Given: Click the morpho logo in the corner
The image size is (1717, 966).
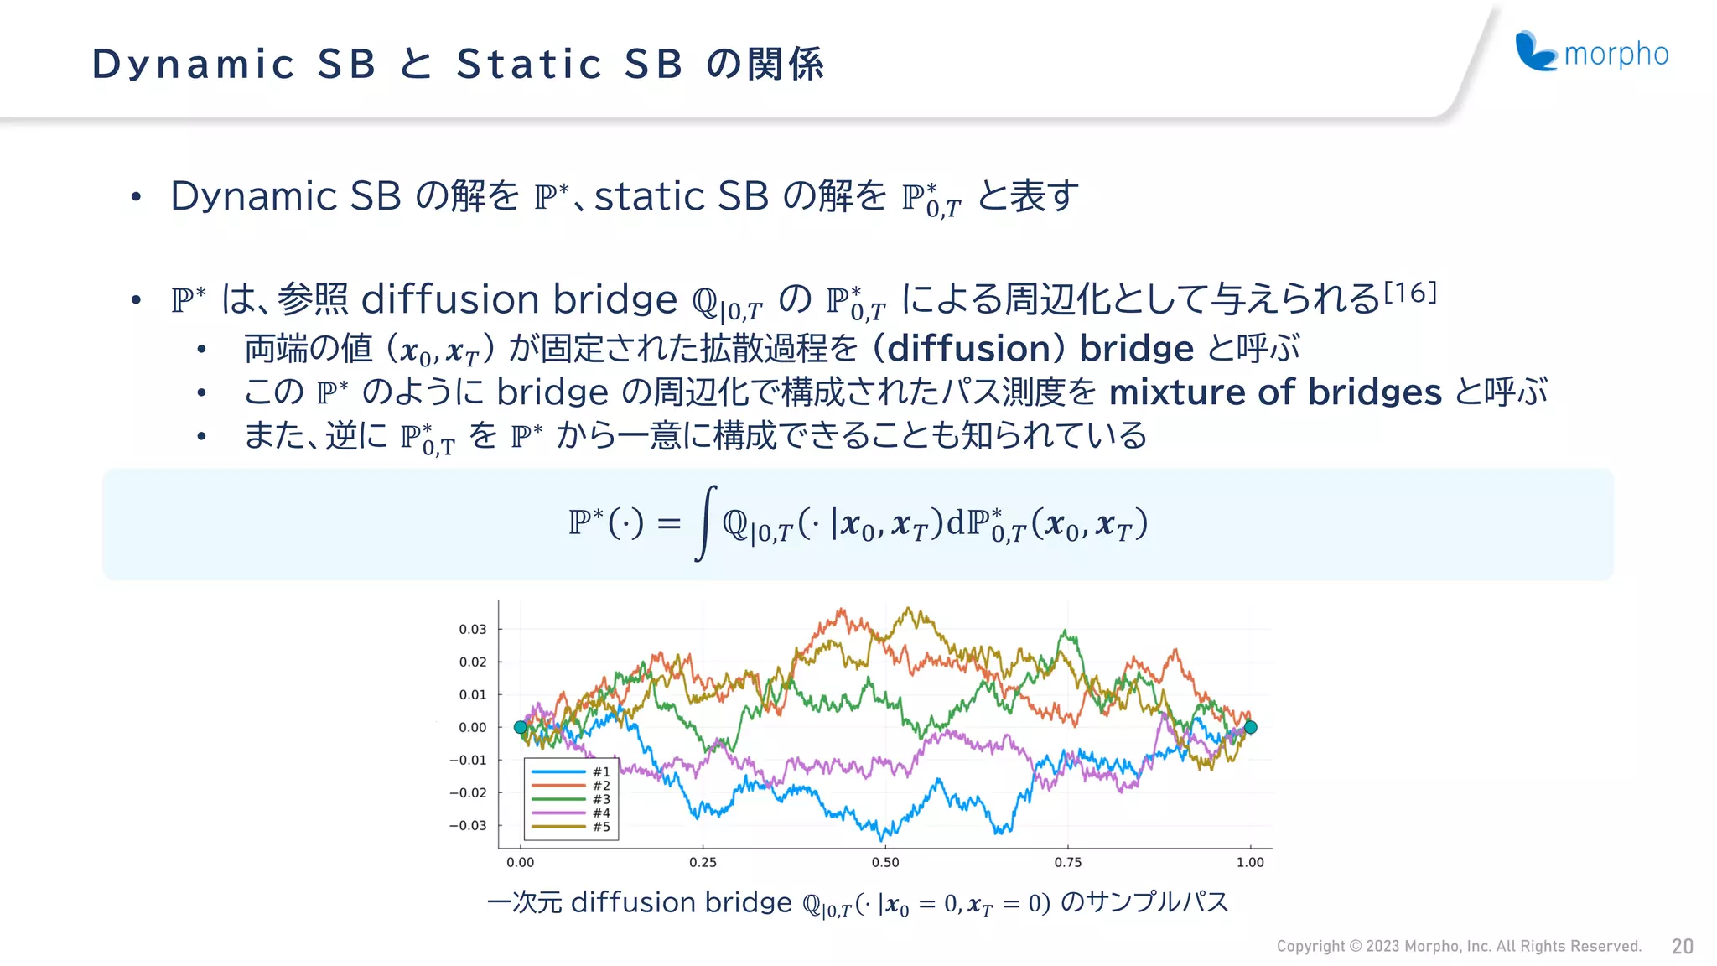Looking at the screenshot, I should (1591, 53).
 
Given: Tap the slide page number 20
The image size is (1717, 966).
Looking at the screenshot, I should (1682, 947).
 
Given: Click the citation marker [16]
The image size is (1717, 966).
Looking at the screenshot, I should (1410, 292).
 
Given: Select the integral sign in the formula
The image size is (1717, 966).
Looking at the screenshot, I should (706, 522).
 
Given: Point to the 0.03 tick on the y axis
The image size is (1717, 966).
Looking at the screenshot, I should (473, 629).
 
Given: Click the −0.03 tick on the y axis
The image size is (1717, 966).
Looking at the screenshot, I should (468, 825).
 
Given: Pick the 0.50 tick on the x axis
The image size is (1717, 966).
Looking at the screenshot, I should (885, 862).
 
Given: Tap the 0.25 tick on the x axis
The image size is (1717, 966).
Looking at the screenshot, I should (703, 862).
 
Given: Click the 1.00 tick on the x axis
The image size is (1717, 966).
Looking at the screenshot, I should (1250, 862).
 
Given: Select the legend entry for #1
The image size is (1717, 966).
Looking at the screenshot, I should (570, 771).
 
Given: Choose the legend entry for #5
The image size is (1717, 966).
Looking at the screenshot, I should (570, 827).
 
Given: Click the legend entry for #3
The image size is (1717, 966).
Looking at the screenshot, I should (570, 799).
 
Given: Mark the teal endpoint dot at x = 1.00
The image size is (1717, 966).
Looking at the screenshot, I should (1250, 727).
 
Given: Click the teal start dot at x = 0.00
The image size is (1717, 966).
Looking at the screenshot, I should (521, 727).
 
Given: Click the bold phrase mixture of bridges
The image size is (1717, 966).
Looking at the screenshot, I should (1274, 392).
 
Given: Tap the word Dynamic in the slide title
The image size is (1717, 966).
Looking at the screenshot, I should (193, 64).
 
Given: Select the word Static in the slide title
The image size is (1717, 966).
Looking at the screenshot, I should (529, 64).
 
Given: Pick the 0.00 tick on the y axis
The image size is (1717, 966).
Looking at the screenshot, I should (473, 727).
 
